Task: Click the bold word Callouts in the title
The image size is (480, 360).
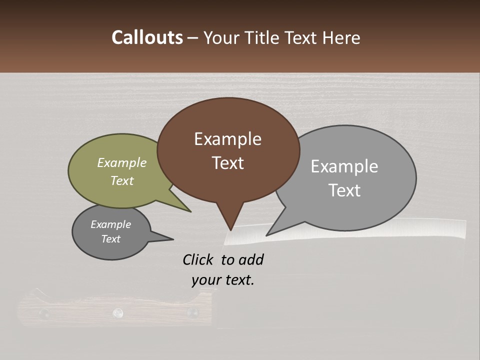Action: click(x=147, y=37)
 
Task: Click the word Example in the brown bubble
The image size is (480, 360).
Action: click(x=227, y=139)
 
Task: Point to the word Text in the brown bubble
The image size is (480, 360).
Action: click(x=227, y=163)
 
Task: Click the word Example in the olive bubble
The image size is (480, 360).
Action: click(x=122, y=162)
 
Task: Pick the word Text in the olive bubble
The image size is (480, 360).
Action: click(x=122, y=180)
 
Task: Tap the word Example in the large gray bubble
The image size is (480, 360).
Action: click(x=344, y=166)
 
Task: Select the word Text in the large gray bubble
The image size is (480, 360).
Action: click(x=344, y=190)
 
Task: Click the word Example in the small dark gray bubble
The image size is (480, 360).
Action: click(x=110, y=224)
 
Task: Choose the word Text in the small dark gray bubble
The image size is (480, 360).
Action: click(x=110, y=239)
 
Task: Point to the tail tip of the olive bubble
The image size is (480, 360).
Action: click(x=190, y=211)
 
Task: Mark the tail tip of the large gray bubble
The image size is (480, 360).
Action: click(x=266, y=235)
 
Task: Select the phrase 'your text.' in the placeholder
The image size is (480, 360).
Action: click(x=223, y=280)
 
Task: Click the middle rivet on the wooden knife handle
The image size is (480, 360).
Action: click(x=118, y=312)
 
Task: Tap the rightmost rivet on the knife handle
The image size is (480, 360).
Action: click(x=191, y=312)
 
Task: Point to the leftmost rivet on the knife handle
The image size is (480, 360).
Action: click(x=44, y=313)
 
